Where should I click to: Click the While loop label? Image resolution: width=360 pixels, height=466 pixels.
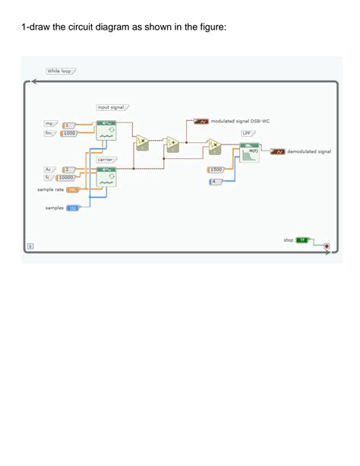click(x=59, y=71)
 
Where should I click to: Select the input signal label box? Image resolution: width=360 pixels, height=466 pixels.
click(x=111, y=108)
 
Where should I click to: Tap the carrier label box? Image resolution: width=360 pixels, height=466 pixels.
click(x=106, y=160)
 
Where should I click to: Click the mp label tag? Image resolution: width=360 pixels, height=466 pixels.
click(x=50, y=123)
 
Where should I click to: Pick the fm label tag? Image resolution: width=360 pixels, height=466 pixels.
click(x=50, y=133)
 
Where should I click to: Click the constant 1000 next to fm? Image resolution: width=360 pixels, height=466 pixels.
click(x=69, y=133)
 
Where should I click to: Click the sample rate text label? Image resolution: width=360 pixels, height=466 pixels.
click(x=50, y=189)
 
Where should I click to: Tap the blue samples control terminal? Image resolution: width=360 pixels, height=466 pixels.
click(x=74, y=208)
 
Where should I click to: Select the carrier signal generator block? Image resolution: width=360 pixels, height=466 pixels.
click(x=106, y=177)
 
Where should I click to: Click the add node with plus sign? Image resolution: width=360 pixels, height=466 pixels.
click(x=172, y=143)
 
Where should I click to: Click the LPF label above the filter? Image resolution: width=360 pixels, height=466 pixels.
click(x=247, y=133)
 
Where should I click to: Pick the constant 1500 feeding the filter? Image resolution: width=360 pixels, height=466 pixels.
click(x=216, y=170)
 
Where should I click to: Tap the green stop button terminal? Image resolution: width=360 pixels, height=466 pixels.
click(x=302, y=239)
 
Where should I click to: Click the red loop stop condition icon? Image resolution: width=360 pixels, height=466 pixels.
click(x=327, y=246)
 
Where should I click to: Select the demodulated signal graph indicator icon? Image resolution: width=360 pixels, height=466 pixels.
click(x=278, y=152)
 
